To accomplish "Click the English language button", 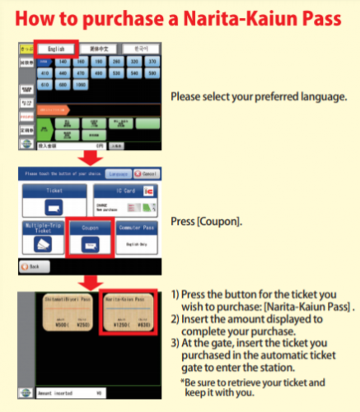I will [54, 49].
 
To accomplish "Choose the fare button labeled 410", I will [44, 73].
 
